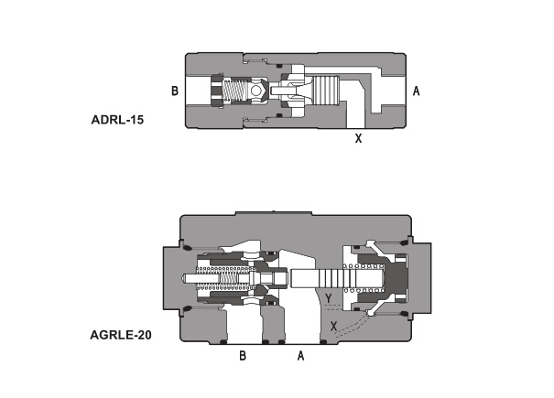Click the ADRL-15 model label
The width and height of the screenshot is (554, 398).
(117, 120)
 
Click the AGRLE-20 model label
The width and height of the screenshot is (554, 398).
(121, 335)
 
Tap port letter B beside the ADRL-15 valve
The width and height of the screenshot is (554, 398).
(175, 91)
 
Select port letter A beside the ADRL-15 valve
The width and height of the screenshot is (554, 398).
(417, 91)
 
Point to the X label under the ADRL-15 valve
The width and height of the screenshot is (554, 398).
(358, 138)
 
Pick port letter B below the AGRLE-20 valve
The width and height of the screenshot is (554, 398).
(243, 355)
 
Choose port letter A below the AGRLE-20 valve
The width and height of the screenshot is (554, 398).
(300, 355)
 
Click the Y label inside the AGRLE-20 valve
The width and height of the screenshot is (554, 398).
(329, 298)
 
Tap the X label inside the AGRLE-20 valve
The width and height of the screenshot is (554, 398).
(333, 326)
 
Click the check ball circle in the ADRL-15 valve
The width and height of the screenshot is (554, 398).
(255, 91)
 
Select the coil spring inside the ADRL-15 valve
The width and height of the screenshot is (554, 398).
(235, 91)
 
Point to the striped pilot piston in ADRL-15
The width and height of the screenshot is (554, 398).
(326, 91)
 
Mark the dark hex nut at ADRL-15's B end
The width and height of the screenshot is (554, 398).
(217, 91)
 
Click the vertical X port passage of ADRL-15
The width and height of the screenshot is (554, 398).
(355, 114)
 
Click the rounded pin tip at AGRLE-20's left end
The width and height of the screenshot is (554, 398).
(183, 278)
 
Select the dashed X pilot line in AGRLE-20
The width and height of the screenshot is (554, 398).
(352, 328)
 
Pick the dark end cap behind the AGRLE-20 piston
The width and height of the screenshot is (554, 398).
(395, 277)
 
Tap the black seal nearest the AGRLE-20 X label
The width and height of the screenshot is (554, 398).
(322, 342)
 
